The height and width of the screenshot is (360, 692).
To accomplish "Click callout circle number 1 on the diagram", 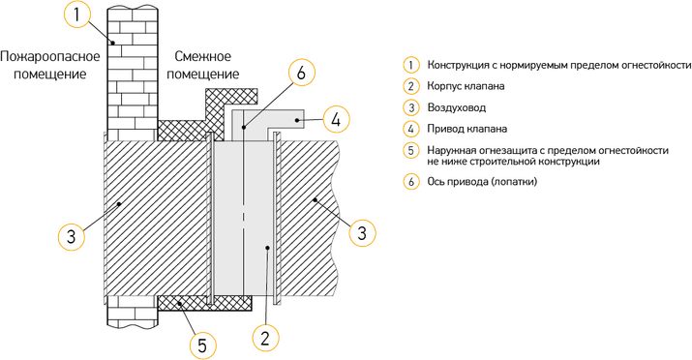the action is click(x=76, y=15).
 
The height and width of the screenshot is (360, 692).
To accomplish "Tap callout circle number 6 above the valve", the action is click(x=301, y=73).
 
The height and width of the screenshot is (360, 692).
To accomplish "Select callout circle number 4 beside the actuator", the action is click(x=337, y=119).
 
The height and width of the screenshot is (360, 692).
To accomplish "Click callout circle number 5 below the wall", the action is click(x=202, y=345).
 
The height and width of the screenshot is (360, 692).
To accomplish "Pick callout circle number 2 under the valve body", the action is click(x=265, y=338).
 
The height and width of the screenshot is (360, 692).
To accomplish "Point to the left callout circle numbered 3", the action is click(x=72, y=236).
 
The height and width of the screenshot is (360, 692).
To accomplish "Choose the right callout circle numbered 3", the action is click(x=362, y=232).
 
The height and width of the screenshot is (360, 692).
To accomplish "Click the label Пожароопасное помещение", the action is click(x=50, y=65).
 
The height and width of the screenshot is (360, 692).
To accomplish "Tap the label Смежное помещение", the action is click(x=203, y=65).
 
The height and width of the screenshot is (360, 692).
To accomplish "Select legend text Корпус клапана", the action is click(x=466, y=86).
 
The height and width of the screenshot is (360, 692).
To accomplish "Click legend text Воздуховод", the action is click(x=456, y=107).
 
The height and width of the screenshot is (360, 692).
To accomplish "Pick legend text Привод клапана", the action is click(x=466, y=129).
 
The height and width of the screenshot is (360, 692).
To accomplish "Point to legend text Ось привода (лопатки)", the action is click(x=482, y=181).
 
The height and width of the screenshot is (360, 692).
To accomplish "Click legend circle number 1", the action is click(x=411, y=65).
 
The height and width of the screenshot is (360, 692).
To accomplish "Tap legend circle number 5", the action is click(x=411, y=150).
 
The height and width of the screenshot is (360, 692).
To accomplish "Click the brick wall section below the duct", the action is click(x=133, y=312).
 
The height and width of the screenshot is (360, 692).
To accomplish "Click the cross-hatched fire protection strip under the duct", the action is click(x=205, y=303).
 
